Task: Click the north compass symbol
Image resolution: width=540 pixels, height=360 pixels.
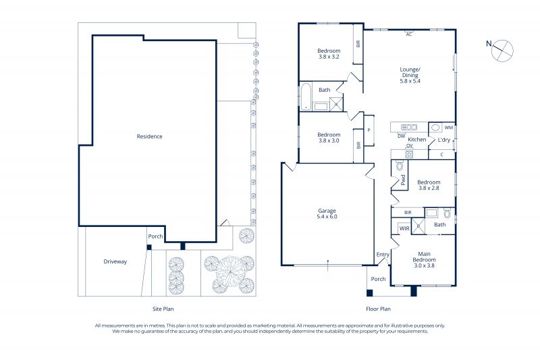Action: [502, 51]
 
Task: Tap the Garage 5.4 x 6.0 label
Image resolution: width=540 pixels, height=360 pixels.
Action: [327, 213]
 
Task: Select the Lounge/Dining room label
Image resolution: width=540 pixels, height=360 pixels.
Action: [410, 75]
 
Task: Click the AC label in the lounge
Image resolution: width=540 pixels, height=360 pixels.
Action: [409, 34]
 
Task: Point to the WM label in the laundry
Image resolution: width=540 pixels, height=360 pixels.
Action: [449, 128]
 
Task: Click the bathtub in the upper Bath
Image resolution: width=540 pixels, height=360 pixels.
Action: [306, 97]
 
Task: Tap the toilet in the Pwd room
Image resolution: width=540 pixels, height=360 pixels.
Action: [400, 166]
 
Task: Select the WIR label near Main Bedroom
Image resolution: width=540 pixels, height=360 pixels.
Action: [404, 228]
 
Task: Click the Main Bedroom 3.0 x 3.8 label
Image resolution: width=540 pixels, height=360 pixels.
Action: [425, 260]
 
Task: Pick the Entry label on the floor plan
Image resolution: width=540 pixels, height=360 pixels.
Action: [383, 255]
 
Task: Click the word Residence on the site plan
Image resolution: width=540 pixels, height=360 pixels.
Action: [149, 136]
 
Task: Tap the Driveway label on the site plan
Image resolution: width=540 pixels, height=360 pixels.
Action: [115, 261]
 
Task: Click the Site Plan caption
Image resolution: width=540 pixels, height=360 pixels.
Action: [163, 309]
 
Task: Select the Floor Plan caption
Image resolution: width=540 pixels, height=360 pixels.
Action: [378, 309]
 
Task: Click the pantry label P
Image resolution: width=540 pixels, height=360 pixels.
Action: [369, 130]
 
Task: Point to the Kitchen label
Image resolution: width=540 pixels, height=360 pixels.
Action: [416, 140]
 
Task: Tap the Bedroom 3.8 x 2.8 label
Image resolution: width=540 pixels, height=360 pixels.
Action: [429, 185]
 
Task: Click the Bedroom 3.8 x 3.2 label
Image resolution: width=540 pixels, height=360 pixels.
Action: [329, 54]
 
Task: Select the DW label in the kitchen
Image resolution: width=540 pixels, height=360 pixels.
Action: [402, 136]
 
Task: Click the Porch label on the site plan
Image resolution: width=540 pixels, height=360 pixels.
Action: [155, 236]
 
